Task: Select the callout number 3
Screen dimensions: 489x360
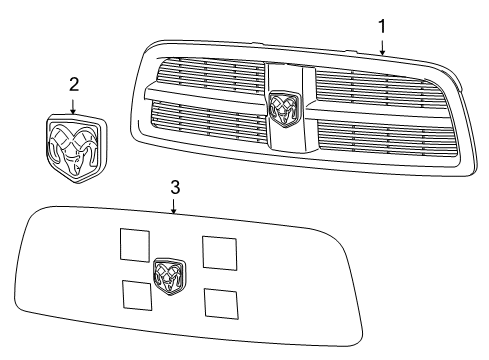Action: (174, 187)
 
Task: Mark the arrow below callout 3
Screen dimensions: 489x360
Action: (174, 207)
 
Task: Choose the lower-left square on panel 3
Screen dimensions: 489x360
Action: (137, 294)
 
